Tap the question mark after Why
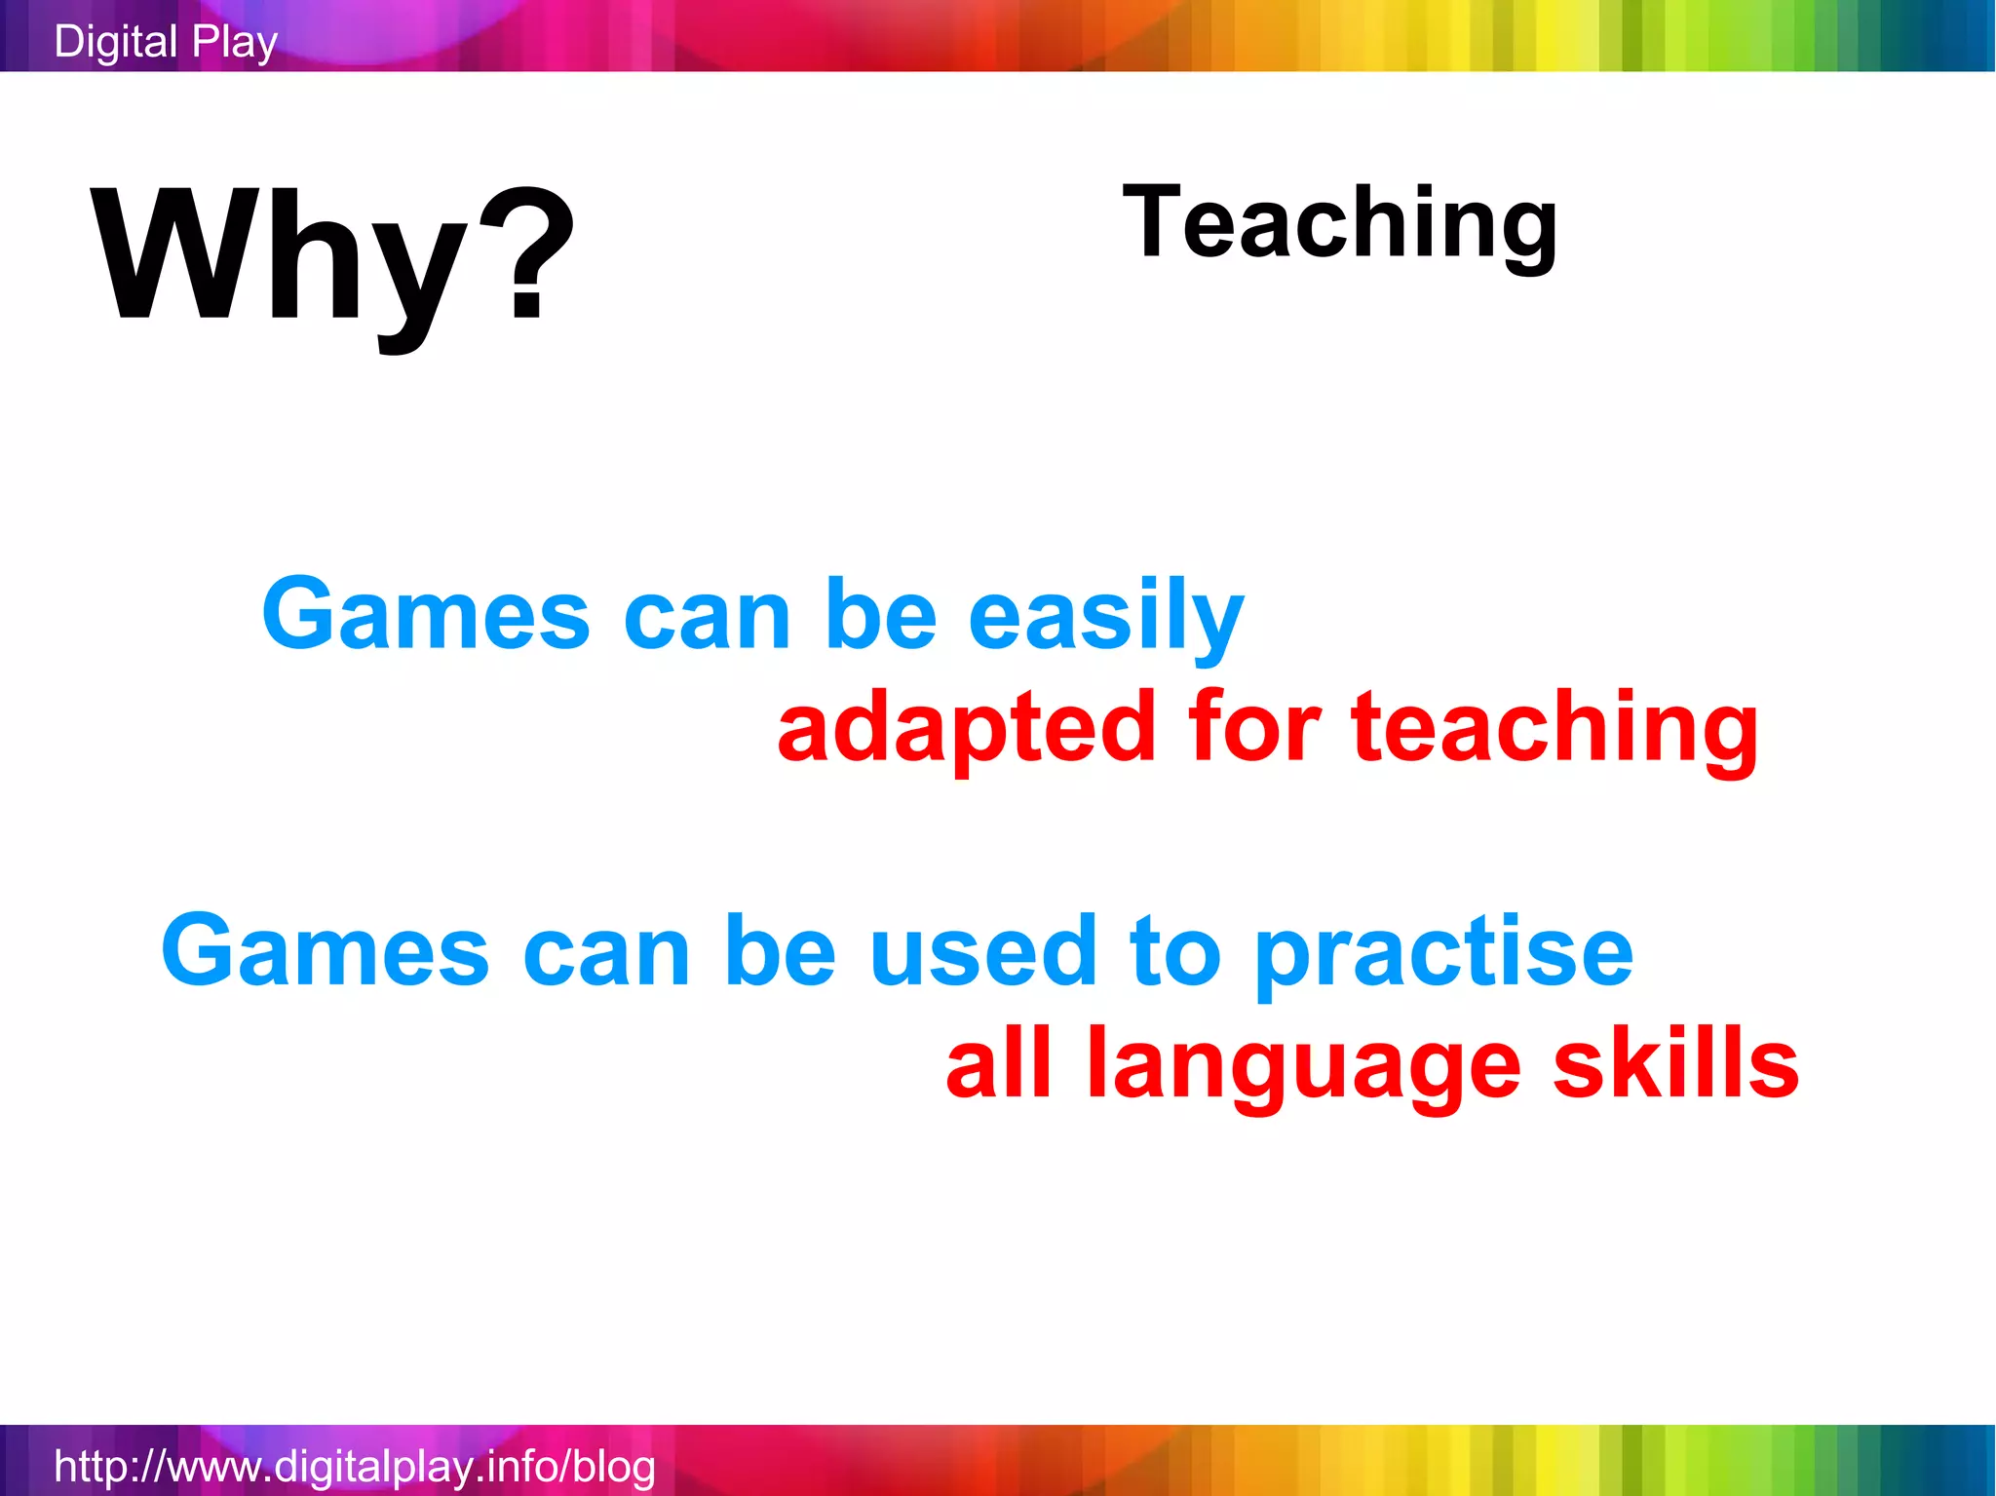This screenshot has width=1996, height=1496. [526, 255]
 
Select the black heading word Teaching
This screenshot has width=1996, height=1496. [1340, 224]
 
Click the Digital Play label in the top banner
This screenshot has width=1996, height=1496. [166, 42]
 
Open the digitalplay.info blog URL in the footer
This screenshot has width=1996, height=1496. [355, 1466]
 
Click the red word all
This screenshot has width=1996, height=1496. [999, 1062]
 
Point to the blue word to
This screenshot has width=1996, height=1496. [1174, 950]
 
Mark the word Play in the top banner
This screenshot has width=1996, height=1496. [235, 42]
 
